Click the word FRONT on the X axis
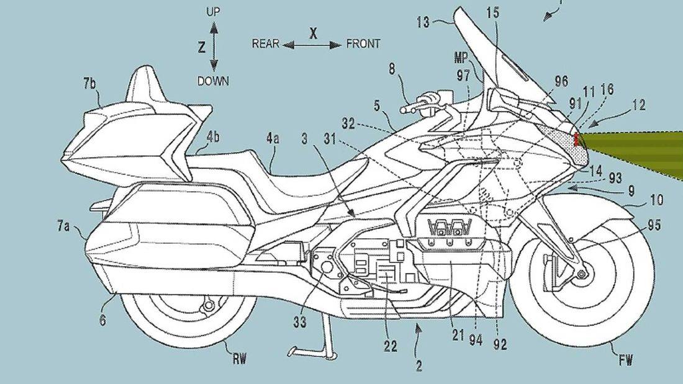363,44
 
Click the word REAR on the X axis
265,43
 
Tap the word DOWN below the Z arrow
214,80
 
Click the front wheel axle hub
582,274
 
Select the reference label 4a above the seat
273,141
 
